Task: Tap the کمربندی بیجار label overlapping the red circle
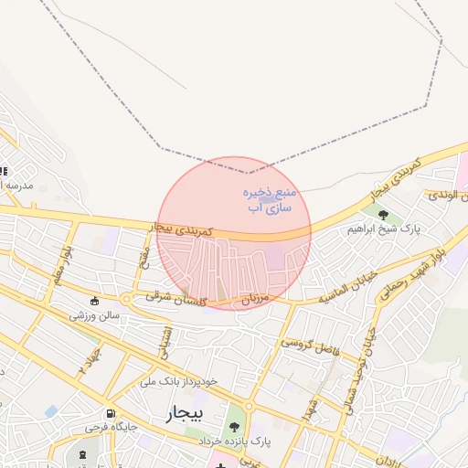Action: (x=184, y=228)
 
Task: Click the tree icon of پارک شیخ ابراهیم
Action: (x=383, y=216)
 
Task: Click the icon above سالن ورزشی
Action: (x=94, y=302)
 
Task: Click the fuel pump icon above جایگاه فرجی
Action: (x=111, y=412)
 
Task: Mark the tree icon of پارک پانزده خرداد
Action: (x=236, y=426)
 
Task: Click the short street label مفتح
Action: (x=144, y=257)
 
